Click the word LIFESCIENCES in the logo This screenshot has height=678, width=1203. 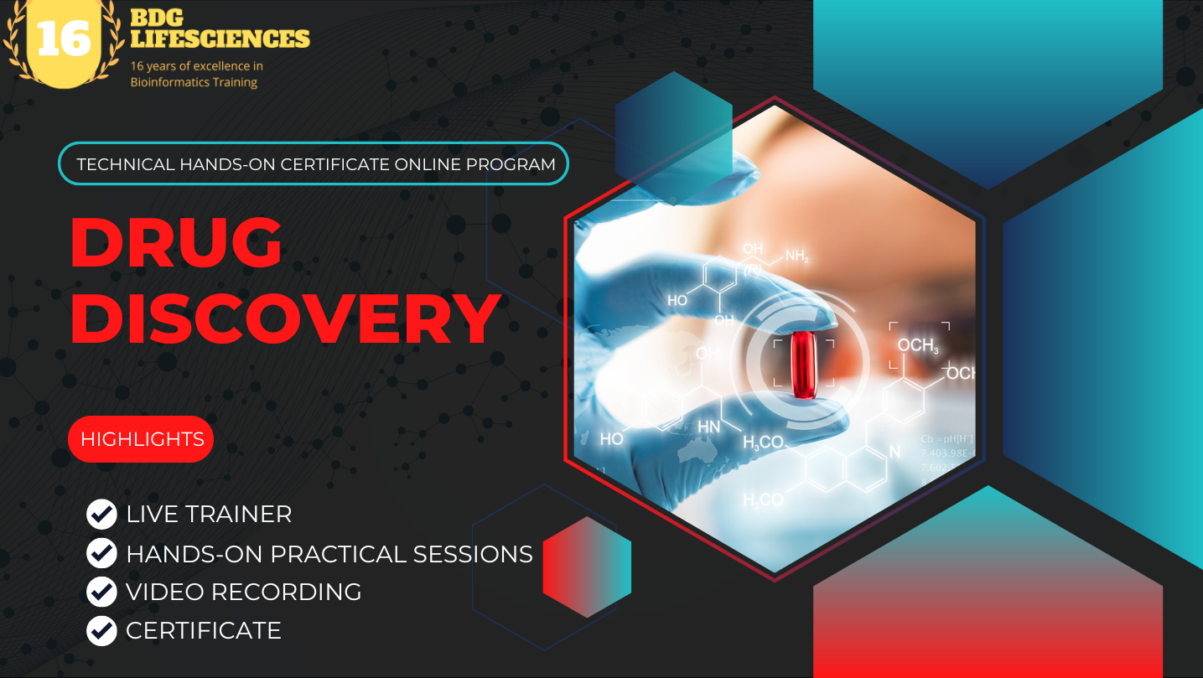point(220,39)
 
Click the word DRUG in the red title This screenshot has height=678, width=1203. point(176,242)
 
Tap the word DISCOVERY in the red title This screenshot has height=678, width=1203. point(285,319)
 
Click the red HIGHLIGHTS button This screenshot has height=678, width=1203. point(141,439)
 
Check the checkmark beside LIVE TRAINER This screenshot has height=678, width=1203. point(101,514)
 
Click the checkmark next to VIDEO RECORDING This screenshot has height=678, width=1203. point(101,592)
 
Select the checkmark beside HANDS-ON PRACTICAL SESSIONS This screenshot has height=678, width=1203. point(101,553)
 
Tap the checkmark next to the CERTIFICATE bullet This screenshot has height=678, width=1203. point(101,630)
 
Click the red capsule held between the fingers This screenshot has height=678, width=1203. point(802,364)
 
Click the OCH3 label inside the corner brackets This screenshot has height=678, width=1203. point(918,345)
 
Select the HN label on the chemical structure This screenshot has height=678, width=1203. point(708,427)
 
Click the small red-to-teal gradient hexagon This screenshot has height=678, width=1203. point(587,567)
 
